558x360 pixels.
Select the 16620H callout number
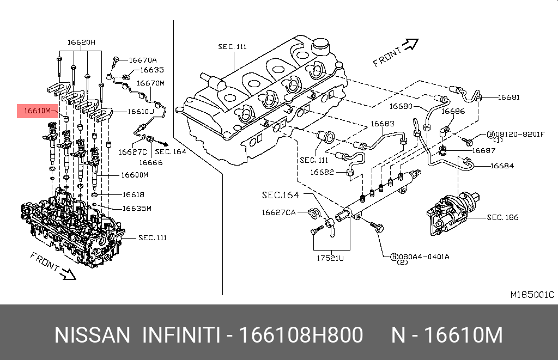pos(81,42)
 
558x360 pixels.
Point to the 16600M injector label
pos(135,175)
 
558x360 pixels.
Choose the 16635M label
pos(137,208)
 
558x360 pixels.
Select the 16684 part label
pos(502,166)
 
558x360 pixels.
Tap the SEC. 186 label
pos(502,217)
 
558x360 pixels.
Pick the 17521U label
pos(331,258)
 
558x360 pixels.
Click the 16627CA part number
pos(278,212)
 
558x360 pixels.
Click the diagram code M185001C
pos(532,295)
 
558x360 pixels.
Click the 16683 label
pos(383,124)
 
